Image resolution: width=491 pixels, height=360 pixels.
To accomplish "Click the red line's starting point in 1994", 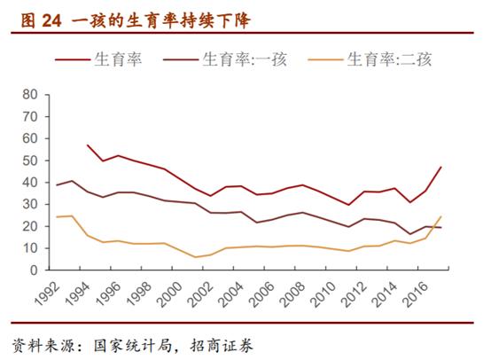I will (88, 145).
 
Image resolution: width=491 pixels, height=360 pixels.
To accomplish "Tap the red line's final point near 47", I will (441, 167).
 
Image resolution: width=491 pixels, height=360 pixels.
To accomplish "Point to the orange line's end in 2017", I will (441, 216).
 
